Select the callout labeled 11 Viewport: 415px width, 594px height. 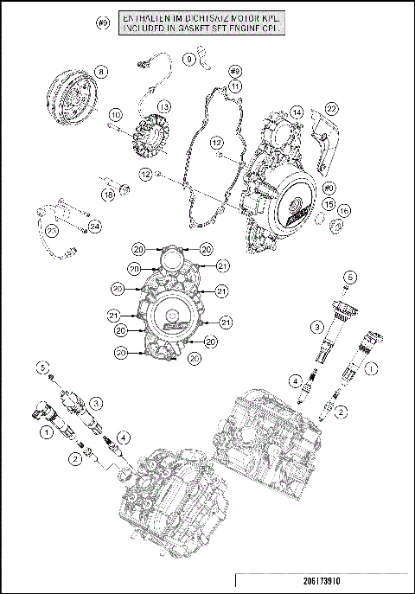235,86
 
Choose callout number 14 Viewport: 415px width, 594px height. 296,112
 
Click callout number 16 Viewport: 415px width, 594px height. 343,210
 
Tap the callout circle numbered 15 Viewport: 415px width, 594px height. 329,203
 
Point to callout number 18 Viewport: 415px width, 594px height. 109,196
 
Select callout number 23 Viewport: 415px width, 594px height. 53,232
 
